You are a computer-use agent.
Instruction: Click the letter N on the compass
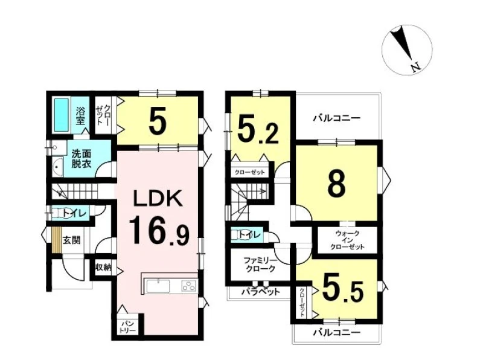[416, 68]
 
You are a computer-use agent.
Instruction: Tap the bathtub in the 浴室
[62, 115]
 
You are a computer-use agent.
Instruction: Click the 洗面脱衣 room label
[82, 159]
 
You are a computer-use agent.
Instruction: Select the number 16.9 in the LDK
[159, 230]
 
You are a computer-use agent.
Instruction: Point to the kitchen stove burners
[188, 286]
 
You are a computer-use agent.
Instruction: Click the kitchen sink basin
[158, 286]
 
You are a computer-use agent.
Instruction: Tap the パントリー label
[128, 327]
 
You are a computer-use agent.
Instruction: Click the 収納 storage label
[103, 268]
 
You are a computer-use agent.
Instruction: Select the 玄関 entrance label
[71, 240]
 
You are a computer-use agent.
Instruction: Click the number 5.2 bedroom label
[258, 132]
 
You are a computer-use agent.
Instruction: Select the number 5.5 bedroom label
[342, 291]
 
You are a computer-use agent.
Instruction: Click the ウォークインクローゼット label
[347, 240]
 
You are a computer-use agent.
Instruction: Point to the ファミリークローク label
[260, 265]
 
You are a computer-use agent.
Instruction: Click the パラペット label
[261, 291]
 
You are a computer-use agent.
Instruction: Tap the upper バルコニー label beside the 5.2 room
[337, 118]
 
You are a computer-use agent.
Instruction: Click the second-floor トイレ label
[250, 235]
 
